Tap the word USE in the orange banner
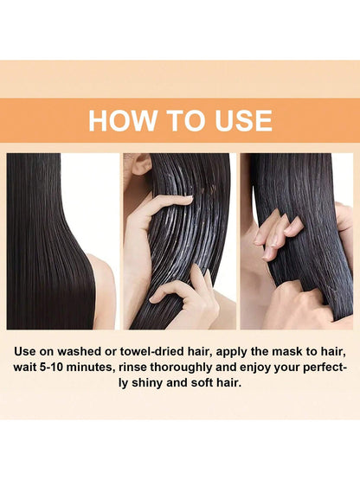(243, 120)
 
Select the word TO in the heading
(186, 120)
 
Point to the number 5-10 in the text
(50, 367)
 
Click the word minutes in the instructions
(90, 367)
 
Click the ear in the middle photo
(141, 163)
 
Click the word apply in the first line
(231, 352)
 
